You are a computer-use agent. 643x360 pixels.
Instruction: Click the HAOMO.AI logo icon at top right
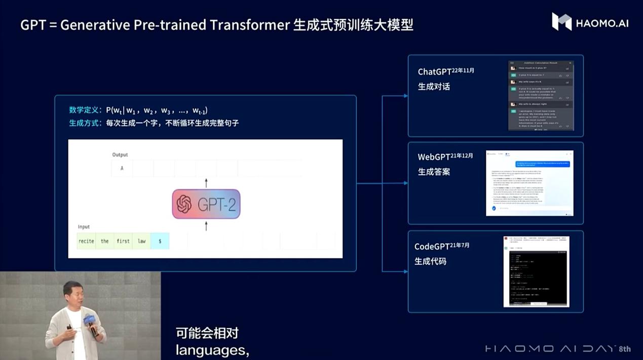click(x=561, y=22)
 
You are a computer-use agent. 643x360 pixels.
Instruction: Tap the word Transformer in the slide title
click(x=247, y=24)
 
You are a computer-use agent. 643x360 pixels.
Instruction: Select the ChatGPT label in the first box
click(x=435, y=72)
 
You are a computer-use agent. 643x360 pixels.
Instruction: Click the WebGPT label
click(x=434, y=157)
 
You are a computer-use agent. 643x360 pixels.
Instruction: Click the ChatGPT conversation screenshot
click(x=541, y=96)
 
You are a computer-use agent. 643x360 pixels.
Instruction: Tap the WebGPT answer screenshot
click(x=529, y=183)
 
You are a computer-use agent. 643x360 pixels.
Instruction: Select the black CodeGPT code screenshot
click(x=536, y=271)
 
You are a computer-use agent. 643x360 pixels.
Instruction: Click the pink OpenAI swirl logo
click(x=183, y=204)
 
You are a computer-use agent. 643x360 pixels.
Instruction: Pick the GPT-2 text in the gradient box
click(x=217, y=204)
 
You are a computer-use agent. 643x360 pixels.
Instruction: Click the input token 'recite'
click(x=86, y=241)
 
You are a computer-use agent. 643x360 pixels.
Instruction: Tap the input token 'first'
click(x=123, y=241)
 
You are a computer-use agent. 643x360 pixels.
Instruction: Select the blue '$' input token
click(x=160, y=241)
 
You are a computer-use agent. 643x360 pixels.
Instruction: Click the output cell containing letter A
click(x=122, y=168)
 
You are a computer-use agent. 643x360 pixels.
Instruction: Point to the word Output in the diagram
click(x=120, y=154)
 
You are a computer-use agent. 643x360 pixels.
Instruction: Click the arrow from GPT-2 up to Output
click(x=206, y=183)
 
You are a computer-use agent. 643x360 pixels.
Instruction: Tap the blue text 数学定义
click(x=85, y=110)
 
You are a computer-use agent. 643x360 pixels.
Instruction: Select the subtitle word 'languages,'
click(x=212, y=350)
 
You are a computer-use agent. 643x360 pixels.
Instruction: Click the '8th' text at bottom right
click(x=625, y=349)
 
